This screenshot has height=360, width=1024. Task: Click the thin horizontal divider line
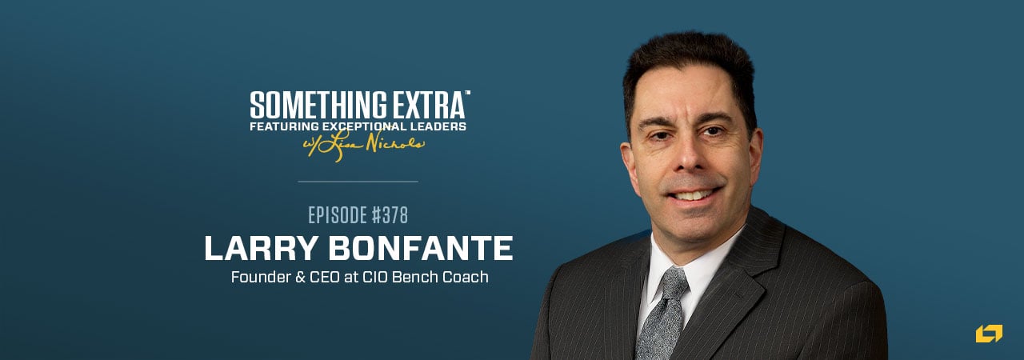(358, 182)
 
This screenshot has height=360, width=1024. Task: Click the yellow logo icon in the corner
(989, 334)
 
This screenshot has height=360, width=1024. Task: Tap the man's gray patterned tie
(659, 320)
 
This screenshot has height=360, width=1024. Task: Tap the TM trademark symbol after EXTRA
(467, 94)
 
